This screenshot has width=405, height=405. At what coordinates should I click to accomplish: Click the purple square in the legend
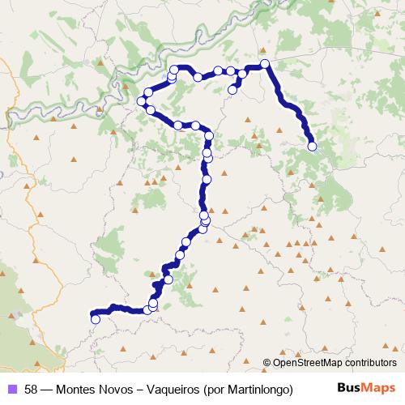tap(11, 388)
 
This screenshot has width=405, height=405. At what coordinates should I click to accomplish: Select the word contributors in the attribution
tap(372, 364)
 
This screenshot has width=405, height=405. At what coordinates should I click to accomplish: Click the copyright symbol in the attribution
tap(267, 364)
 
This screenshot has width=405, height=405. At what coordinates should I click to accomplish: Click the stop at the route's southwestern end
tap(96, 318)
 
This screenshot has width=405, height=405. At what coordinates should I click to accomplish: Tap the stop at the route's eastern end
tap(312, 146)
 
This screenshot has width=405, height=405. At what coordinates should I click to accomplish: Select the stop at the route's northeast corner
tap(264, 63)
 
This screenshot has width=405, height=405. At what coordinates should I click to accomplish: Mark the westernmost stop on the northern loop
tap(142, 100)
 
